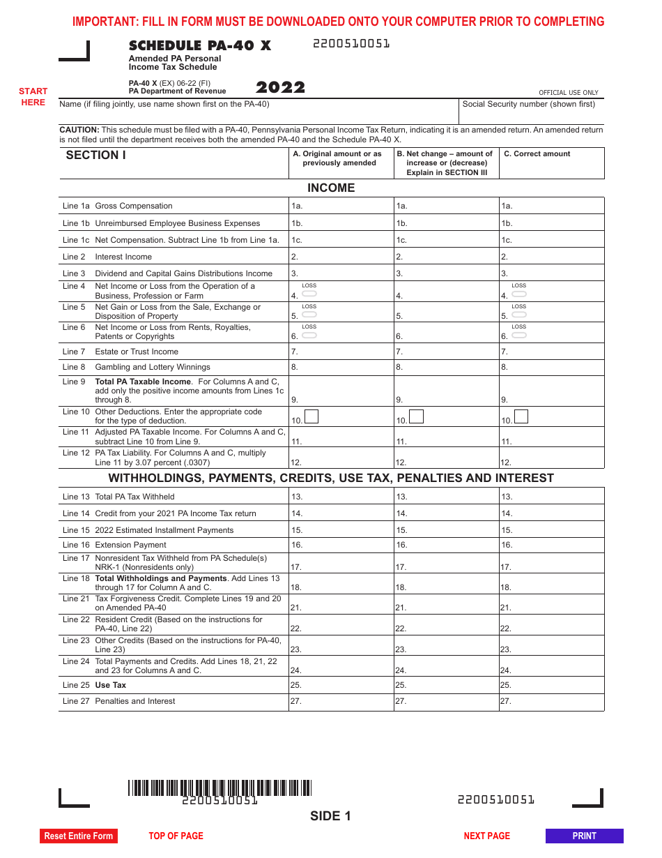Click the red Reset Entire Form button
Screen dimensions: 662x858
[x=78, y=836]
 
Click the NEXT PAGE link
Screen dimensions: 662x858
[x=486, y=836]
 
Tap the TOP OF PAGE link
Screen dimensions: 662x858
[x=176, y=836]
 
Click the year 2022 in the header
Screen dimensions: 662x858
[x=280, y=88]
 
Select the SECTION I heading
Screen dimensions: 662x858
[x=95, y=156]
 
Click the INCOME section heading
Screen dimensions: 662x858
[x=331, y=188]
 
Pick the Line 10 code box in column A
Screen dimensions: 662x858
[x=311, y=417]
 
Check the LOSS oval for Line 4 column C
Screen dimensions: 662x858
[x=519, y=294]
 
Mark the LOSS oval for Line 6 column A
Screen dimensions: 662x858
[x=309, y=335]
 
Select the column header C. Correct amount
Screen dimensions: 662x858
[x=537, y=154]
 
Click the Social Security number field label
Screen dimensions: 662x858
[x=529, y=104]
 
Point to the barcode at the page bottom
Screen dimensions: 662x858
[x=220, y=788]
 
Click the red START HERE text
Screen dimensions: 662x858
[x=33, y=97]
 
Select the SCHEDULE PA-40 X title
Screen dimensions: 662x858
[x=199, y=46]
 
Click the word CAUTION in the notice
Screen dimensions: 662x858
[x=79, y=130]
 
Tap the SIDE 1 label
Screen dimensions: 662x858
[x=330, y=816]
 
